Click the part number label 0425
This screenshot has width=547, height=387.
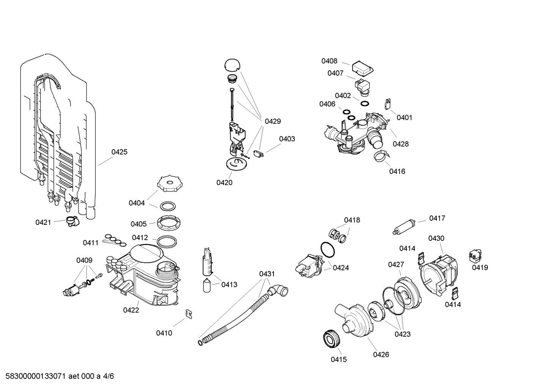119,152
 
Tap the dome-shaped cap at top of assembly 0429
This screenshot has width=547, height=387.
232,65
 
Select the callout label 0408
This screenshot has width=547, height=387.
329,61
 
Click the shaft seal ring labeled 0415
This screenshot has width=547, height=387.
331,339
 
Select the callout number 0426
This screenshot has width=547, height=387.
381,354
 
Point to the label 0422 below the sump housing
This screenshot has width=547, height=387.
131,310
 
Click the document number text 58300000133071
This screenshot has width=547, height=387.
34,376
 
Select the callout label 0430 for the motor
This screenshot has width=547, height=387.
436,238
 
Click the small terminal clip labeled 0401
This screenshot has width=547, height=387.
388,103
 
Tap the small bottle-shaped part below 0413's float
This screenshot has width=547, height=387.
207,286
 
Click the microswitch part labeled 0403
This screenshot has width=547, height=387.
258,155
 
